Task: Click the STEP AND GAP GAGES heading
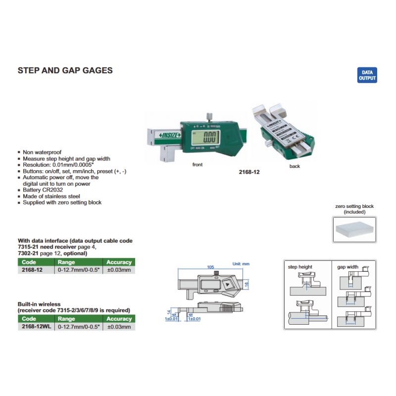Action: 65,70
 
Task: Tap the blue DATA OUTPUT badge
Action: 367,75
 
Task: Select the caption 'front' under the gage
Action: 198,164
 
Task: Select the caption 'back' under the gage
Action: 295,166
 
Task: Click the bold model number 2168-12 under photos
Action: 248,172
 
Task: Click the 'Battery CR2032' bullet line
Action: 43,190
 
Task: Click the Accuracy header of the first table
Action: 119,262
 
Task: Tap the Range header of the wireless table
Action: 67,319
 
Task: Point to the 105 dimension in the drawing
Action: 210,267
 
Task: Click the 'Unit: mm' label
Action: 242,264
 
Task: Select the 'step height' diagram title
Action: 300,267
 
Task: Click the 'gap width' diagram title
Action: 347,267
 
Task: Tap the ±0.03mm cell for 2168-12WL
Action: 119,327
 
